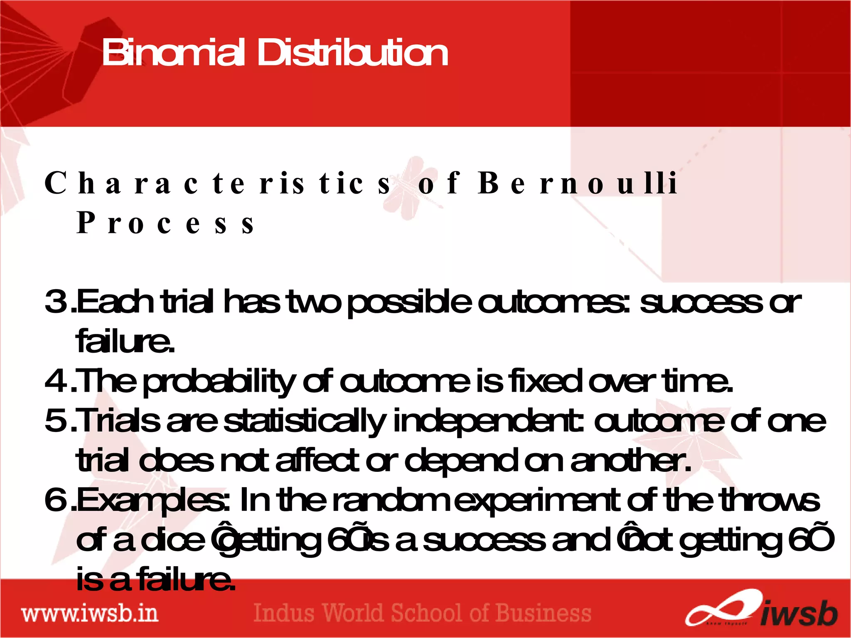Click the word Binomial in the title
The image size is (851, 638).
point(173,53)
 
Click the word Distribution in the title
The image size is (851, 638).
point(353,53)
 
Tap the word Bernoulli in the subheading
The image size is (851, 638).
point(578,183)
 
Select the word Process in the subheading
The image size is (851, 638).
point(165,223)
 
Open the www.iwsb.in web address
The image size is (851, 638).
point(90,613)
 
